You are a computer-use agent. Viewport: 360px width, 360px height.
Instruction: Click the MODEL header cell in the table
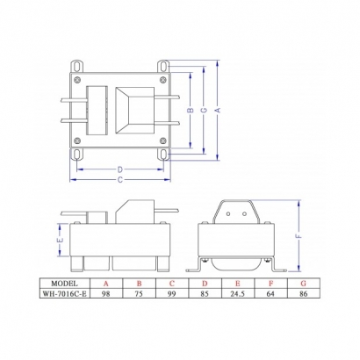click(66, 284)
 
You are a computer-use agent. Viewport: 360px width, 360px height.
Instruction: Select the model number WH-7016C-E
click(66, 295)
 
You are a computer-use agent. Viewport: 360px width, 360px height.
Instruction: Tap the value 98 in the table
click(106, 295)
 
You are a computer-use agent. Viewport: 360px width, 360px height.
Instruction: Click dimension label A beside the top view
click(219, 109)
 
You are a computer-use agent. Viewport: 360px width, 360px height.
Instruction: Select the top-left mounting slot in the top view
click(77, 64)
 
